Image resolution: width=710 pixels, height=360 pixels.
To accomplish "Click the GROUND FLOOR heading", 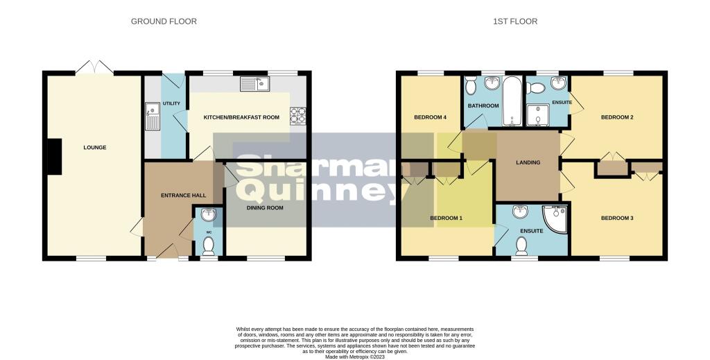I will tap(164, 22).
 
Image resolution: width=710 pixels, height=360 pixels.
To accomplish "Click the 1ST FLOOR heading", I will tap(515, 22).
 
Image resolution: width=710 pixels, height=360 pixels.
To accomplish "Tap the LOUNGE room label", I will tap(94, 147).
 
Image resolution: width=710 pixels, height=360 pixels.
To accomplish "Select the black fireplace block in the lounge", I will tap(53, 157).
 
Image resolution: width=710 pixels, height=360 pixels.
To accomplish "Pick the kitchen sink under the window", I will tap(255, 85).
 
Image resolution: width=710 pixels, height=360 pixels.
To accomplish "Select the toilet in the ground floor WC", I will tap(207, 245).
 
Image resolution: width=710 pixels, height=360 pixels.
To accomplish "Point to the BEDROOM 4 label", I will tap(430, 117).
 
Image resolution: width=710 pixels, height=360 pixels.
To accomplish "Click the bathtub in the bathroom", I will tap(512, 103).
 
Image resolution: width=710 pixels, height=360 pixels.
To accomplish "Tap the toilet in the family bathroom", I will tap(471, 87).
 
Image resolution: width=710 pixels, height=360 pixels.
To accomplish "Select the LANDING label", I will tap(528, 163).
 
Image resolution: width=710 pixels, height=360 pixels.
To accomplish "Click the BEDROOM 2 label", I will tap(617, 117).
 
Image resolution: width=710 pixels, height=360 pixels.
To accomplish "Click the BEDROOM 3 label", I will tap(617, 218).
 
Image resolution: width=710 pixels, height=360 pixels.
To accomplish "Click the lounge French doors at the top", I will tap(94, 68).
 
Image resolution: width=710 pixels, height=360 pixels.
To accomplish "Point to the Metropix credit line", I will tap(355, 357).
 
